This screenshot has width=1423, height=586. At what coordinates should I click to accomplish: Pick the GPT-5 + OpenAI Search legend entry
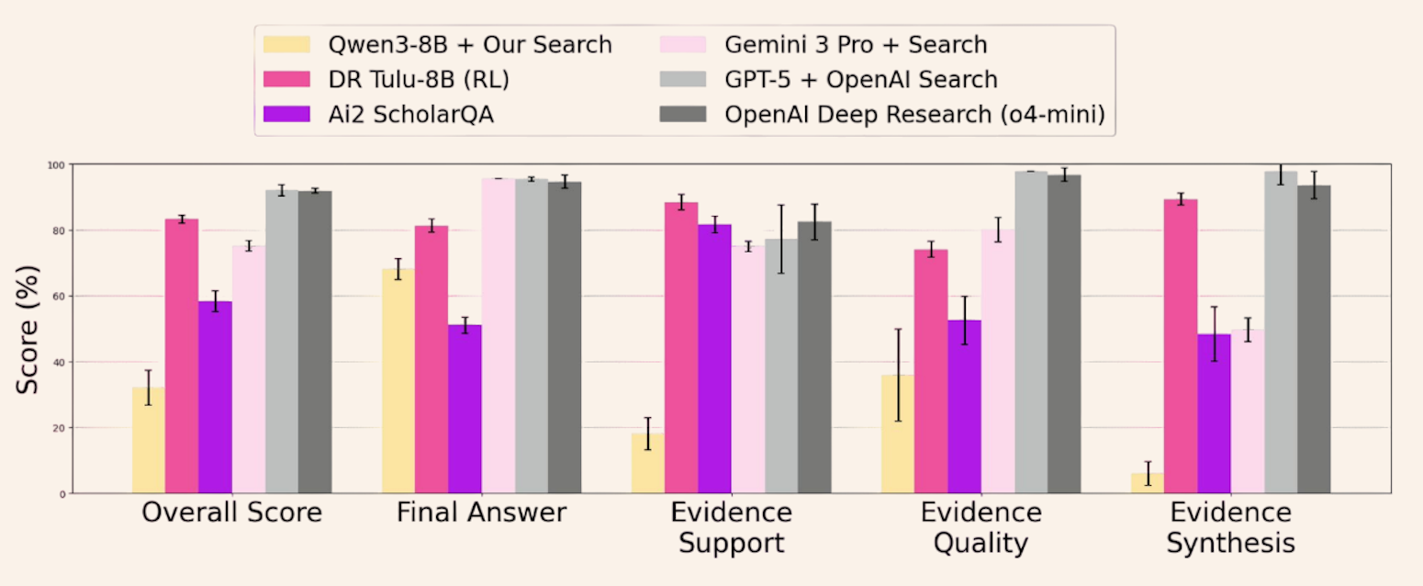(860, 79)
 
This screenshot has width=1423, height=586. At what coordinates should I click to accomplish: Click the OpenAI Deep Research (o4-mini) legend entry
(914, 114)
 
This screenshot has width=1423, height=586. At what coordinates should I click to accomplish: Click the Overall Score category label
(231, 513)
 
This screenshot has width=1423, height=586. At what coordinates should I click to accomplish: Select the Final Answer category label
(481, 513)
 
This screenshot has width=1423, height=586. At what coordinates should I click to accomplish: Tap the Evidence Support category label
(731, 527)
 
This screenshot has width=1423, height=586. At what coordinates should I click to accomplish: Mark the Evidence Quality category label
(980, 527)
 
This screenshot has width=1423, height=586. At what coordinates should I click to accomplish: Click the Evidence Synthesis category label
(1230, 527)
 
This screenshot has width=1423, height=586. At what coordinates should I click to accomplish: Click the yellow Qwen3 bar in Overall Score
(149, 441)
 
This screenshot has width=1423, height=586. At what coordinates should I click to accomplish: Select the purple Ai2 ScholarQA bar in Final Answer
(465, 410)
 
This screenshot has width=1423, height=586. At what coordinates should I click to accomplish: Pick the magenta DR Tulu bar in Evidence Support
(681, 349)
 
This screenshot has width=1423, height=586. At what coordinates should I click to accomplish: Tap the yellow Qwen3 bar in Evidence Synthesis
(1148, 484)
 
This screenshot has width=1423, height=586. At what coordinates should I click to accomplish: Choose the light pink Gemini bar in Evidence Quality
(998, 362)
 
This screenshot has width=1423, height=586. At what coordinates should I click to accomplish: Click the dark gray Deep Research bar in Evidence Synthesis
(1314, 340)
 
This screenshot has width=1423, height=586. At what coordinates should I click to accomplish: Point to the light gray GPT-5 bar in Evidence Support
(781, 367)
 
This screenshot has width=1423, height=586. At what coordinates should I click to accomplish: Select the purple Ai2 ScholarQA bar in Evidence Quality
(964, 408)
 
